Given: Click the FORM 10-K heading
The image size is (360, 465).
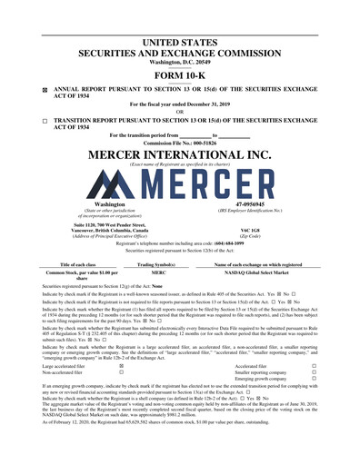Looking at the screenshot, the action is pyautogui.click(x=179, y=75).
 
